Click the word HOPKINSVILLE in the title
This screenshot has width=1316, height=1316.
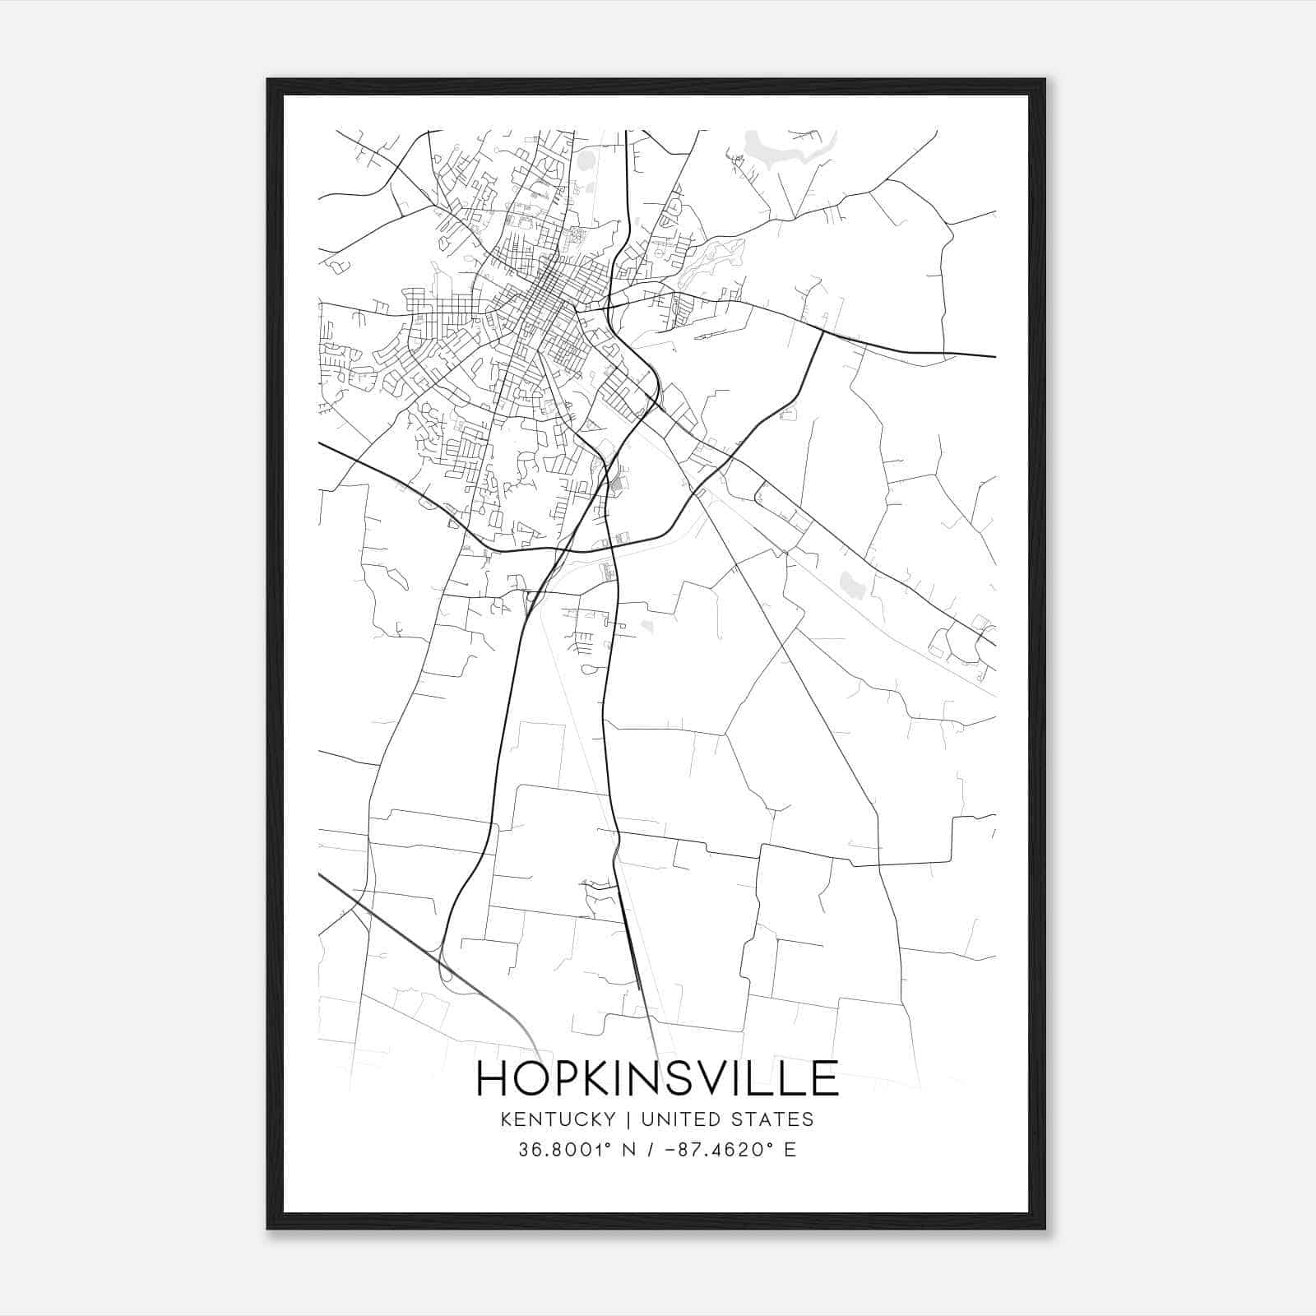657,1077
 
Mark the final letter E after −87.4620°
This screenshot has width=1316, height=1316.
790,1150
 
